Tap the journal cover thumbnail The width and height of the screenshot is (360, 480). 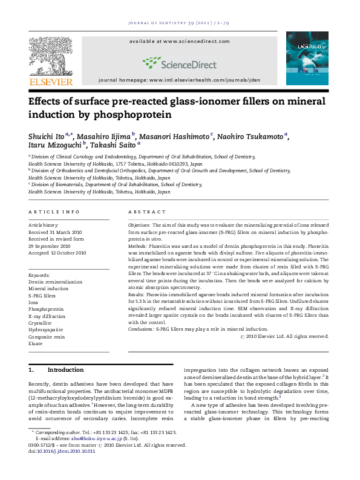[x=307, y=58]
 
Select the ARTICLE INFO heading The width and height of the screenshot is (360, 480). [x=54, y=212]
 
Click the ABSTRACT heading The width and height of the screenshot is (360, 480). [x=146, y=212]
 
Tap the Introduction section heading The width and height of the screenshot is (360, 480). [x=65, y=369]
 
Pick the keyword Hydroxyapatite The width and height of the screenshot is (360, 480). [x=45, y=330]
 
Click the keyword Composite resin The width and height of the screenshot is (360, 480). [x=46, y=337]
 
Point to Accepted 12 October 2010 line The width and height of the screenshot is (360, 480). [x=57, y=253]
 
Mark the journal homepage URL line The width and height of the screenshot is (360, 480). [x=179, y=80]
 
